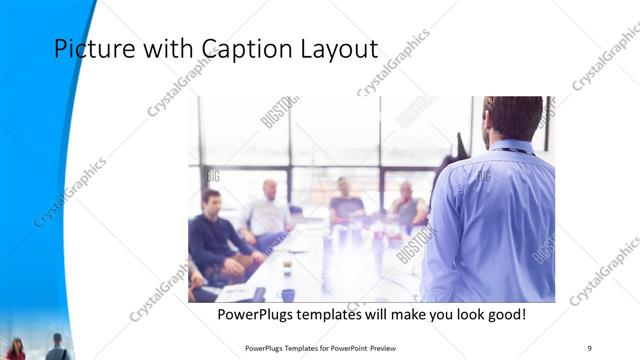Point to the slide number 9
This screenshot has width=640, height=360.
pos(589,347)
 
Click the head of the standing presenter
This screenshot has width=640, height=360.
pos(511,117)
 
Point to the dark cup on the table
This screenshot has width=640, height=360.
pos(287,266)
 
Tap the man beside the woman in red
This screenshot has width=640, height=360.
pos(56,347)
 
